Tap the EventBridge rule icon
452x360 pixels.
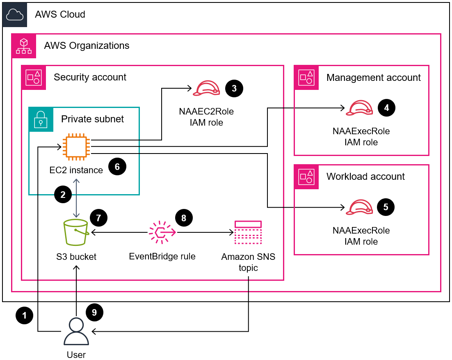(x=162, y=232)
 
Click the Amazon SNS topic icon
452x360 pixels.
(x=248, y=233)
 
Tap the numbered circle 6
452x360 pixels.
(x=117, y=166)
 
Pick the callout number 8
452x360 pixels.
(x=183, y=218)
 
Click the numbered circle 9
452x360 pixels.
(x=94, y=312)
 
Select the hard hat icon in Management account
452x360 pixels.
(x=359, y=108)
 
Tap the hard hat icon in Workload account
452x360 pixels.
(x=359, y=207)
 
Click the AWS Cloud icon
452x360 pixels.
(x=14, y=14)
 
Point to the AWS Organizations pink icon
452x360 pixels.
(x=23, y=45)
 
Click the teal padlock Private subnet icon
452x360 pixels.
(x=40, y=119)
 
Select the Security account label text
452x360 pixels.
(x=90, y=77)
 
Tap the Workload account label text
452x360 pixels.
(x=365, y=177)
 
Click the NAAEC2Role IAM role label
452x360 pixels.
(x=201, y=117)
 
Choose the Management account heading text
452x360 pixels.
(x=373, y=78)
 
